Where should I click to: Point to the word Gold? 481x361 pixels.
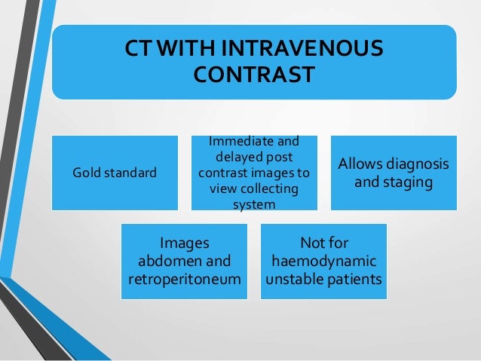point(85,173)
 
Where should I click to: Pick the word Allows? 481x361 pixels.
point(360,164)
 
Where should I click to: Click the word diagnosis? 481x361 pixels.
point(418,164)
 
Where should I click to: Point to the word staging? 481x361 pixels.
point(407,182)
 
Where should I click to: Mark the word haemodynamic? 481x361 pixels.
point(324,262)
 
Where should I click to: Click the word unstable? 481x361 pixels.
point(294,280)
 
